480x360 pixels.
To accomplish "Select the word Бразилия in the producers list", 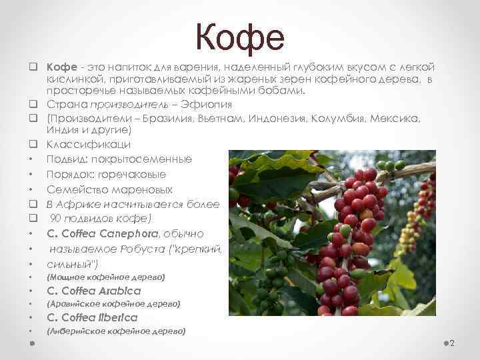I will pos(152,118).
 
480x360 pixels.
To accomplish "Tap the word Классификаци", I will pos(88,144).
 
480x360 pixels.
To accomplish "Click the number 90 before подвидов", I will pos(57,219).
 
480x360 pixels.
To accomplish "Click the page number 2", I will pos(451,343).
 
